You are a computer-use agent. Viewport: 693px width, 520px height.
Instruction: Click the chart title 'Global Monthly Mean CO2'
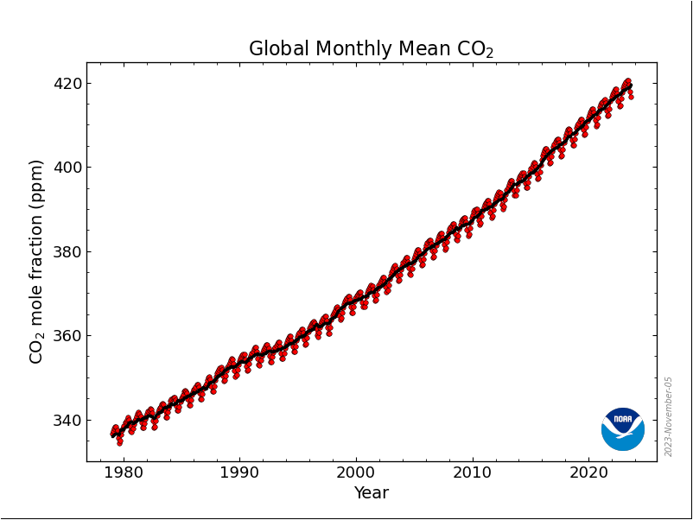point(371,49)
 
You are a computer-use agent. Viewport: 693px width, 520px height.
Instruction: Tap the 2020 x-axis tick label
point(588,473)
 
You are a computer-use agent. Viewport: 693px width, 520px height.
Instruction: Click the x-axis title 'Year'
point(372,493)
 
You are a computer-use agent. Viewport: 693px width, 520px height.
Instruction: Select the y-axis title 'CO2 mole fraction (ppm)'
point(36,261)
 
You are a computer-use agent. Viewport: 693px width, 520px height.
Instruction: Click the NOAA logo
point(623,428)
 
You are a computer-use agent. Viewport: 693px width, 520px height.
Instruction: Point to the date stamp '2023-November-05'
point(669,416)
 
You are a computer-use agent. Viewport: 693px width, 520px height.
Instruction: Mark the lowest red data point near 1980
point(119,442)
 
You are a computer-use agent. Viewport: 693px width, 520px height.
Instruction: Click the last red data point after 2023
point(631,96)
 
